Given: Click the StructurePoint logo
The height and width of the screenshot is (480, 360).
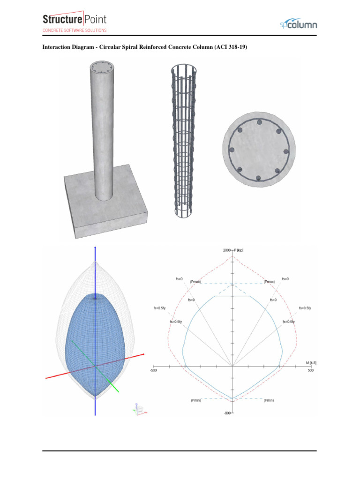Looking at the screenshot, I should tap(75, 20).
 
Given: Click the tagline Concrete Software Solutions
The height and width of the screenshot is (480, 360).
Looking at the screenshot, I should tap(75, 30).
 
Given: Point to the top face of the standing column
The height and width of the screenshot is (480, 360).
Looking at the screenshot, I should tap(103, 67).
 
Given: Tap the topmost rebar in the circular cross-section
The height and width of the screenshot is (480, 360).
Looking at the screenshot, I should tap(258, 122).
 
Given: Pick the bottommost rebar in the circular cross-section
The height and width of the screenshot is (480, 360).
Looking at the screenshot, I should tap(258, 178).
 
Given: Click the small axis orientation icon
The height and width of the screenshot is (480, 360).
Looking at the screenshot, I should tap(140, 410).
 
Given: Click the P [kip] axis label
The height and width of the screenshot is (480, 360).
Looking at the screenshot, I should tap(238, 250).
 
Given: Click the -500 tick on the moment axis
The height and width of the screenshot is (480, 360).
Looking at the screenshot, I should tap(153, 371).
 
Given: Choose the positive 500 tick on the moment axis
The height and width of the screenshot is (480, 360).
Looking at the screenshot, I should tap(310, 371).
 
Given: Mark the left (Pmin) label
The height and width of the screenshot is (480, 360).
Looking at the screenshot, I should tap(195, 401).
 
